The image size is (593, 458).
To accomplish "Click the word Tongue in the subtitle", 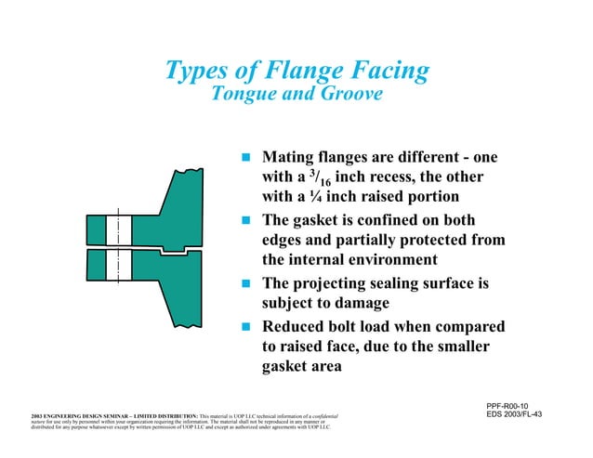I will [x=246, y=96].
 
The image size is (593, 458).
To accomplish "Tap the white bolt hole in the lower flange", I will [x=114, y=266].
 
